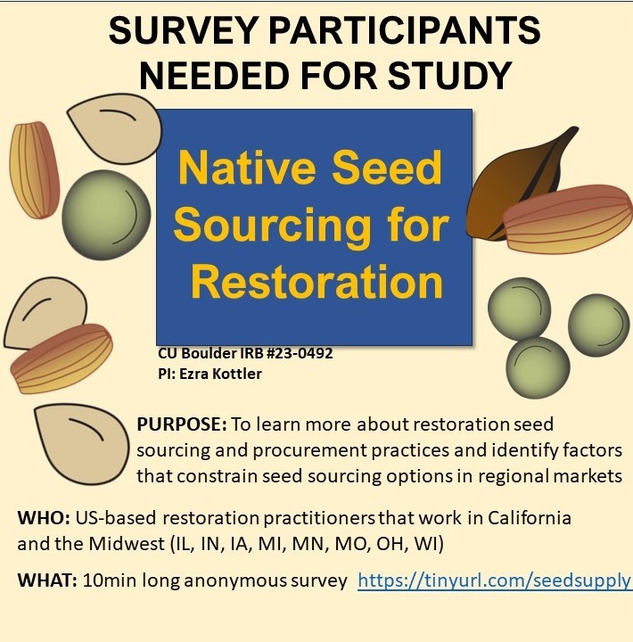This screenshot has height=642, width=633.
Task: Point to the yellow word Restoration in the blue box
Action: [x=316, y=283]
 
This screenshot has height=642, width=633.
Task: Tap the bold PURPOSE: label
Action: [x=182, y=424]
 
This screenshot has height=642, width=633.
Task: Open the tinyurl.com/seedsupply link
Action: [x=494, y=582]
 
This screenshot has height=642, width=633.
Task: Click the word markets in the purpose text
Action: [x=585, y=475]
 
